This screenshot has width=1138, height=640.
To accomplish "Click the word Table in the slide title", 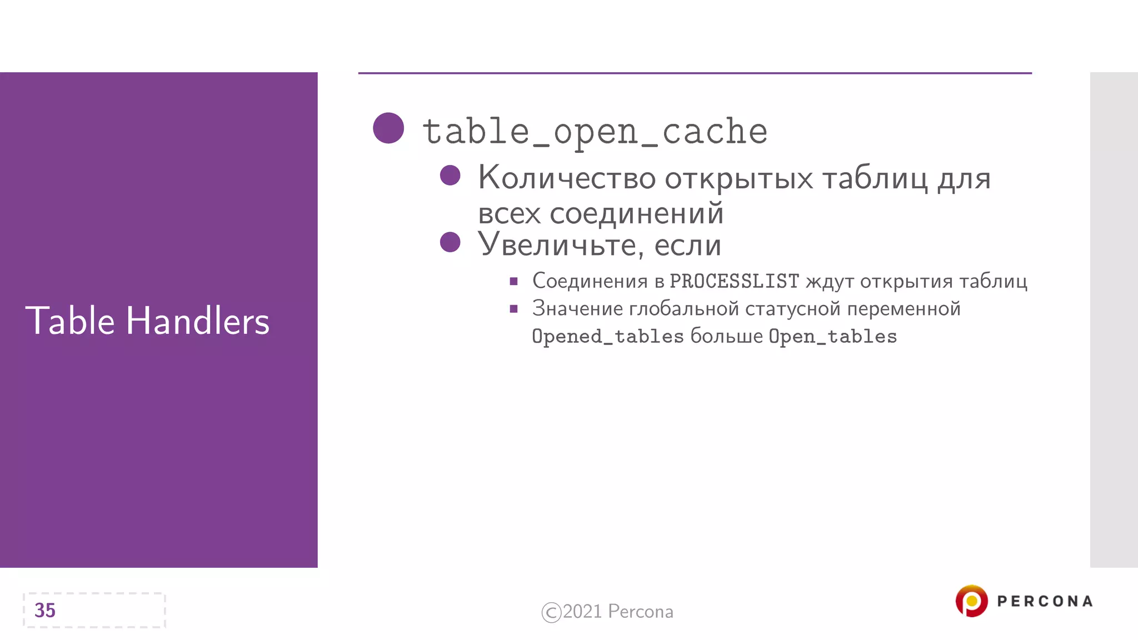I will pyautogui.click(x=69, y=321).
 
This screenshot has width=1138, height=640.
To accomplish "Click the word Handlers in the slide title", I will pyautogui.click(x=198, y=321).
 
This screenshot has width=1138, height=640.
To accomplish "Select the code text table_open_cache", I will pyautogui.click(x=595, y=132).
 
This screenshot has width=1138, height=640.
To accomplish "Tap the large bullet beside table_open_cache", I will pyautogui.click(x=388, y=128).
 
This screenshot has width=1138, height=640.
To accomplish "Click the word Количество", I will pyautogui.click(x=567, y=178).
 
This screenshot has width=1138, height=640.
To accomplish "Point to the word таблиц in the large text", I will pyautogui.click(x=875, y=179).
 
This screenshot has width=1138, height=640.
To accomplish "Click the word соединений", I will pyautogui.click(x=637, y=214).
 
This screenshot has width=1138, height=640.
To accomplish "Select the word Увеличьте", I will pyautogui.click(x=561, y=245).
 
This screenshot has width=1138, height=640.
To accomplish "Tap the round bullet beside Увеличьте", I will pyautogui.click(x=450, y=242).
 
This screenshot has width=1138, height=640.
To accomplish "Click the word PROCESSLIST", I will pyautogui.click(x=734, y=282).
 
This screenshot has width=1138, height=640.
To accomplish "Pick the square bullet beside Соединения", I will pyautogui.click(x=513, y=282).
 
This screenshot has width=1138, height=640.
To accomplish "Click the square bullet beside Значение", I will pyautogui.click(x=513, y=309).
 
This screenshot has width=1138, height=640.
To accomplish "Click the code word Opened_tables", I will pyautogui.click(x=607, y=337).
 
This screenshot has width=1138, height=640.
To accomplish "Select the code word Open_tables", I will pyautogui.click(x=832, y=337).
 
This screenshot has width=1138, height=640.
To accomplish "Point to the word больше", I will pyautogui.click(x=726, y=337).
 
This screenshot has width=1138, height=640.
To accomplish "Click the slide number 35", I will pyautogui.click(x=45, y=611).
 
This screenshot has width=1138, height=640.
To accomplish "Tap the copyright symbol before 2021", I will pyautogui.click(x=551, y=612).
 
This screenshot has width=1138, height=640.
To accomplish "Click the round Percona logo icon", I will pyautogui.click(x=971, y=601).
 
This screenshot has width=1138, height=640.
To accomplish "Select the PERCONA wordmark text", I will pyautogui.click(x=1045, y=601).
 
